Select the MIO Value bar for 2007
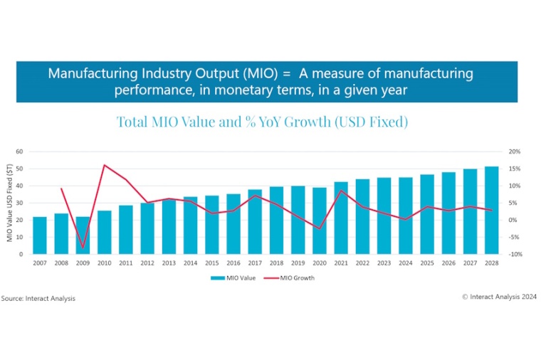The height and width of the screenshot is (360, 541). tap(40, 235)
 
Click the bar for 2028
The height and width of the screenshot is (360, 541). tap(491, 210)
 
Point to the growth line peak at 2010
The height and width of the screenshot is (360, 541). tap(105, 165)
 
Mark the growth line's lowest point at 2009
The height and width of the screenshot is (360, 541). tap(83, 248)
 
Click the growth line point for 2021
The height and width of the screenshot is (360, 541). tap(341, 191)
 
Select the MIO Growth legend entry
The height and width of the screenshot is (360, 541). tap(293, 278)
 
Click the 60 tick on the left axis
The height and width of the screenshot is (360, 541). tap(20, 152)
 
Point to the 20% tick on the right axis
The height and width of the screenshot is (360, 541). tap(515, 152)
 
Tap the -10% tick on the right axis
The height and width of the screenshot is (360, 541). tap(514, 254)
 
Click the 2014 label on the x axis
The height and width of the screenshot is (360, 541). tap(190, 263)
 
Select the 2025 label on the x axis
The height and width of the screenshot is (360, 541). tap(426, 263)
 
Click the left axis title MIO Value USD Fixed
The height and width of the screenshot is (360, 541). tap(11, 203)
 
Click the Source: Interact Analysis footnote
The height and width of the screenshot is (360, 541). tap(38, 298)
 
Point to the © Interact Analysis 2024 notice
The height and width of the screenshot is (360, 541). tap(499, 297)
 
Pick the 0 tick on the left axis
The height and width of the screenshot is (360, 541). tap(22, 254)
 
